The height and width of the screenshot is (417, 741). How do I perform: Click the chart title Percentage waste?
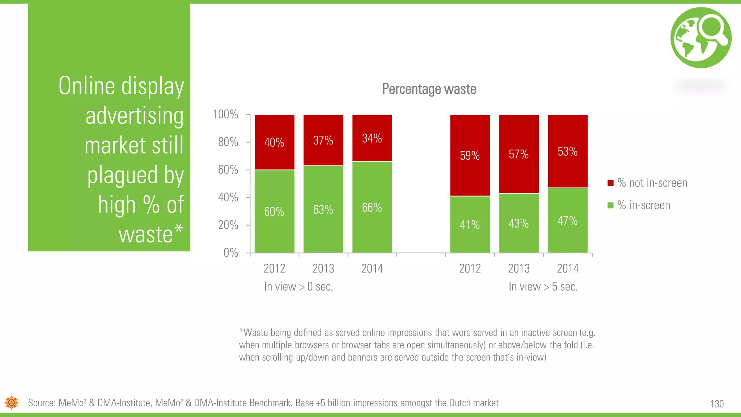tap(429, 89)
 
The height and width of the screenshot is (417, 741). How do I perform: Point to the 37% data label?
tap(323, 140)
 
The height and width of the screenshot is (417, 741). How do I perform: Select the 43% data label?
tap(518, 223)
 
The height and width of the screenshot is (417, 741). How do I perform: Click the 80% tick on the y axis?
tap(228, 142)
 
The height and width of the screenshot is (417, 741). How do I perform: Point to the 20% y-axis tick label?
tap(228, 225)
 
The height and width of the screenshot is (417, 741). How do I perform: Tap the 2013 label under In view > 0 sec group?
tap(323, 269)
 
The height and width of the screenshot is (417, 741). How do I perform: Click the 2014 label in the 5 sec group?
tap(567, 269)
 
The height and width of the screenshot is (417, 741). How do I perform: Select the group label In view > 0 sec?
tap(298, 287)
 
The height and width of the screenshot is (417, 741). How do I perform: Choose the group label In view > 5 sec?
tap(543, 287)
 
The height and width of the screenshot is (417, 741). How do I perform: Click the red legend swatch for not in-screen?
tap(610, 183)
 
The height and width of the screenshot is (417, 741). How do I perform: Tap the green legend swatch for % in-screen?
tap(610, 206)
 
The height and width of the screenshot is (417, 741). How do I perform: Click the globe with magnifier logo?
tap(700, 38)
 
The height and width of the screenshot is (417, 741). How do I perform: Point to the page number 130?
tap(717, 404)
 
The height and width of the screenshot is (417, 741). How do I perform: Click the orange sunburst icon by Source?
tap(12, 403)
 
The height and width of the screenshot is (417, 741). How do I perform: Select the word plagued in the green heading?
tap(122, 175)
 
